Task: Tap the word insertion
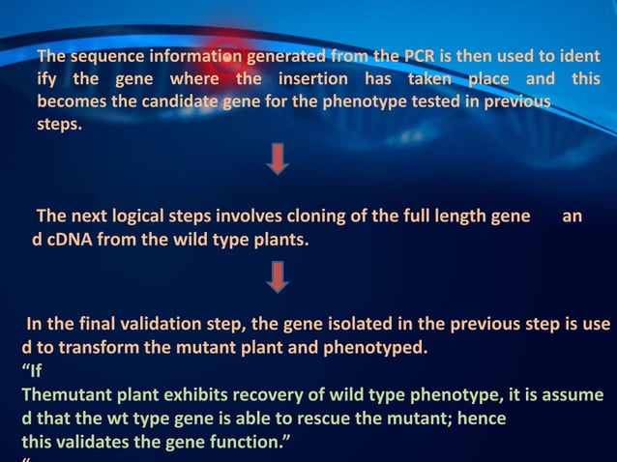pyautogui.click(x=315, y=78)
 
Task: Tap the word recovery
pyautogui.click(x=243, y=395)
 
